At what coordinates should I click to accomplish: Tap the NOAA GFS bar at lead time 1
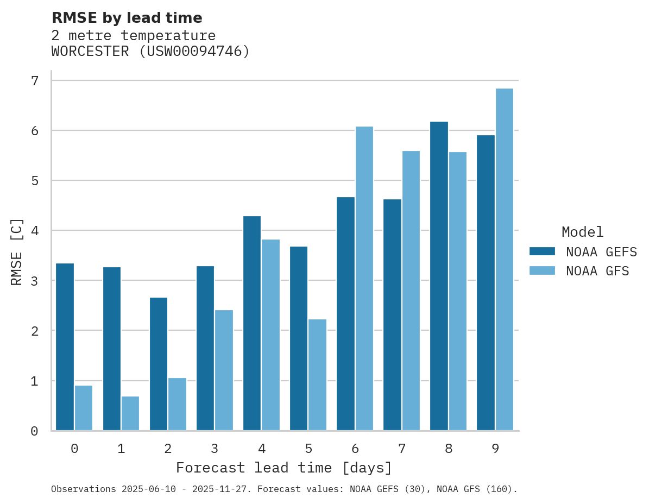130,413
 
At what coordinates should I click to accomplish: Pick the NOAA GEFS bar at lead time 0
65,347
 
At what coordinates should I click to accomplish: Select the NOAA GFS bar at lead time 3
224,370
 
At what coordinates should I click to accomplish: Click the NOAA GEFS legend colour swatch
542,251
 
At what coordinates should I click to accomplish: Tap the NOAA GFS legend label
597,271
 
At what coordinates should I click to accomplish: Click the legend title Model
582,232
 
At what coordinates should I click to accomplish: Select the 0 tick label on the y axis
34,431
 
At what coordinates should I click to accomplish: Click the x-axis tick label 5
308,449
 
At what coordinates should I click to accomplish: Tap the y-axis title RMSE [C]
17,251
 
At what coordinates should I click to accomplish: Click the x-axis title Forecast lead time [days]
283,468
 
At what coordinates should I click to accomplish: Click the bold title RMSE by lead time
127,18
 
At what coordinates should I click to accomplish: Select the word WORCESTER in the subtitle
90,52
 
